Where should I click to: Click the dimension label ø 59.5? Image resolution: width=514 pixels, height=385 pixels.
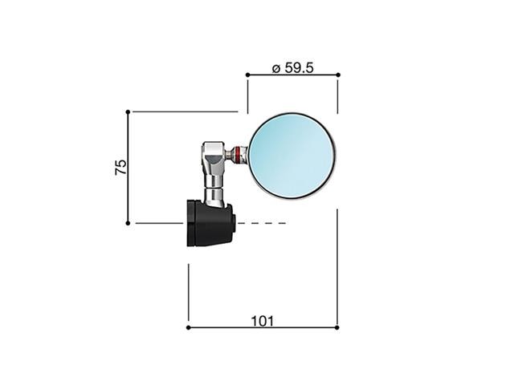tap(292, 67)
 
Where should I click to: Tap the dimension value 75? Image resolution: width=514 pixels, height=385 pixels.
tap(120, 167)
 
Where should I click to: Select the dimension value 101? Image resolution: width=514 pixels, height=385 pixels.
tap(263, 321)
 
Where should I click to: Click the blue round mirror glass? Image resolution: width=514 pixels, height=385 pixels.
tap(292, 156)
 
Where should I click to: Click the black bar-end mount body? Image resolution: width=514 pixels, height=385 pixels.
tap(210, 223)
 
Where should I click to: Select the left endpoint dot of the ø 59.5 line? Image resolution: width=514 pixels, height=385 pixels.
tap(247, 75)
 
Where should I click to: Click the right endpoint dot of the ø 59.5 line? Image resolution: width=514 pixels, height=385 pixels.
tap(338, 75)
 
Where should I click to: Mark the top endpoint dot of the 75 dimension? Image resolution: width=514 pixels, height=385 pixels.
tap(128, 112)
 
